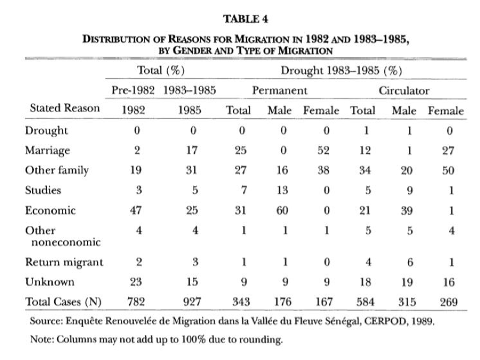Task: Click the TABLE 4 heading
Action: tap(245, 19)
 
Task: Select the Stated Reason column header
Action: tap(65, 108)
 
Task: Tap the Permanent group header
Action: tap(279, 91)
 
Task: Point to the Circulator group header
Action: tap(404, 91)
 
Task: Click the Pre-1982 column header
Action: tap(133, 90)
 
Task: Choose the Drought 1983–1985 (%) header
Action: tap(341, 70)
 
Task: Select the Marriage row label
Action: tap(48, 150)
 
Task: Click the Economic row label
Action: tap(50, 210)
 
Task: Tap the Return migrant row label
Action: tap(64, 262)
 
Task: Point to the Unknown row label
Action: tap(49, 282)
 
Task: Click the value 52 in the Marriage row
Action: tap(323, 150)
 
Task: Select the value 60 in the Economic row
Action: tap(282, 210)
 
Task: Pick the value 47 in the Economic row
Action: tap(135, 210)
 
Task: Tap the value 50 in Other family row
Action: tap(448, 170)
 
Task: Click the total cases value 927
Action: tap(192, 302)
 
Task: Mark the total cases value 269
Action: tap(448, 302)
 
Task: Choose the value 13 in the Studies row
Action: tap(282, 190)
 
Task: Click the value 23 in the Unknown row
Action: tap(136, 282)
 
